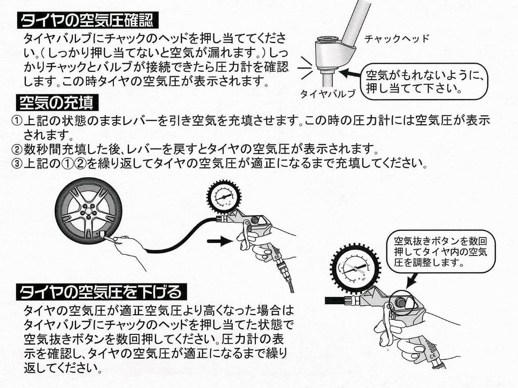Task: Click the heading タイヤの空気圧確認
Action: point(88,21)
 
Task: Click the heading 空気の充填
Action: point(55,103)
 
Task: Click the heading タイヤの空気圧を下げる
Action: point(101,292)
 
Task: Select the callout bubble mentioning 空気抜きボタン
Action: point(440,251)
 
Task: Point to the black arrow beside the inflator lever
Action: point(218,242)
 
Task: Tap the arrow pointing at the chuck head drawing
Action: point(349,74)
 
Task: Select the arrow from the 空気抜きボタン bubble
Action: point(412,279)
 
